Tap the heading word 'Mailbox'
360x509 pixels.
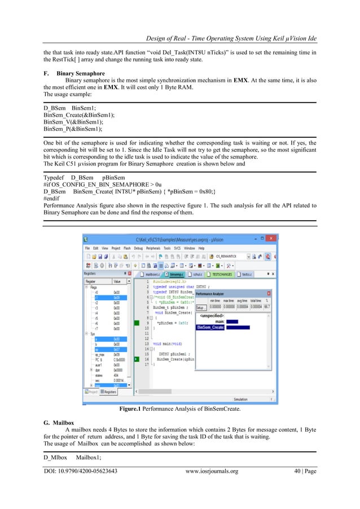(63, 422)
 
